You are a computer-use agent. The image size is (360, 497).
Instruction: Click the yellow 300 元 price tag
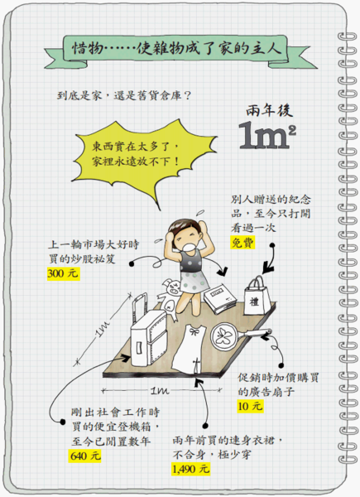tap(64, 273)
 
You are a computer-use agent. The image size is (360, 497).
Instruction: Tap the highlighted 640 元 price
tap(85, 456)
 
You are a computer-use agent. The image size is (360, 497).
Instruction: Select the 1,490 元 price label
tap(191, 469)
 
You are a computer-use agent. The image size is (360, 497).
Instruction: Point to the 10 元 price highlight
tap(250, 406)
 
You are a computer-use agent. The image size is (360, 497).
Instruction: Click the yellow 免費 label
tap(242, 243)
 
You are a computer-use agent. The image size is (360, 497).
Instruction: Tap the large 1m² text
tap(267, 137)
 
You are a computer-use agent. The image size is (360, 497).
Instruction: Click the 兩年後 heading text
tap(269, 111)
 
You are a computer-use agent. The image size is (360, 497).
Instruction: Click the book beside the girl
tap(220, 298)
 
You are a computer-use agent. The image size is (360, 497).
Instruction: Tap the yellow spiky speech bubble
tap(144, 157)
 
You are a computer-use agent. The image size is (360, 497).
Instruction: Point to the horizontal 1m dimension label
tap(160, 390)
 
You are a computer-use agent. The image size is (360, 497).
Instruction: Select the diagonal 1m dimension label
tap(103, 329)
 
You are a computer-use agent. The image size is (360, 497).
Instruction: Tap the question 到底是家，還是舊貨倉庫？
tap(124, 95)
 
